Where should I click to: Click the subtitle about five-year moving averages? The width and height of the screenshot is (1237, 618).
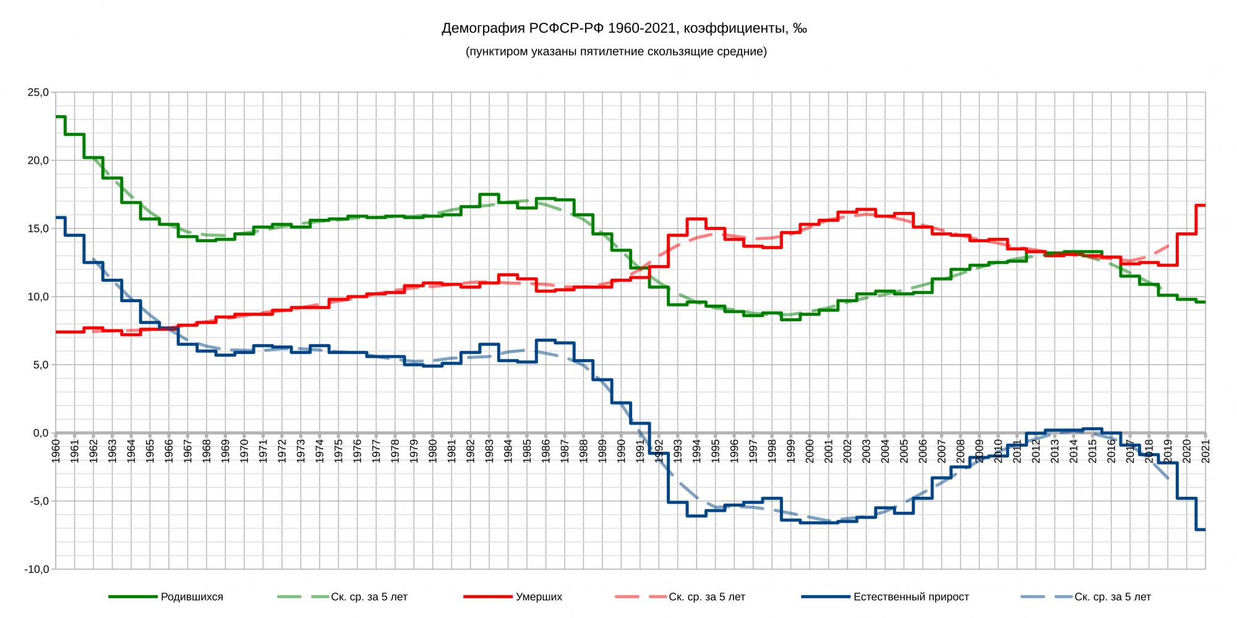point(616,52)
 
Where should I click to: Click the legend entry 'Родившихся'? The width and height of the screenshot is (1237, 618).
point(192,597)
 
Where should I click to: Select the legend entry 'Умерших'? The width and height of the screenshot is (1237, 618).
point(539,597)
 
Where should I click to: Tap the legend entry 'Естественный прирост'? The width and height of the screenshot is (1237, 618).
point(910,597)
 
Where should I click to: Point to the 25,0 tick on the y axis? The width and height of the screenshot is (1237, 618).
point(38,93)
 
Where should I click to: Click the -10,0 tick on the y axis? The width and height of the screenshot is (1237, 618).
point(36,569)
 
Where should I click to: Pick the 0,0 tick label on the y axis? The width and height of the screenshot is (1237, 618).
point(40,433)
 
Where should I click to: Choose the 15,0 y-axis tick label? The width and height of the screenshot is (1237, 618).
point(38,229)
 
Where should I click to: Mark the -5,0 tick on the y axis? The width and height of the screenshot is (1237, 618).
point(38,501)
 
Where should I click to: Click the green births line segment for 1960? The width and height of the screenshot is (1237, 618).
point(61,117)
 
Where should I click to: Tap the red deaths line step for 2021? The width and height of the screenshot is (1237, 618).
point(1201,205)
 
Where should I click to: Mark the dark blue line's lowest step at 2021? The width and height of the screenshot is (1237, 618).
point(1201,529)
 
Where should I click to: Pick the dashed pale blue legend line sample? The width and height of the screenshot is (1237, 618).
point(1044,597)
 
